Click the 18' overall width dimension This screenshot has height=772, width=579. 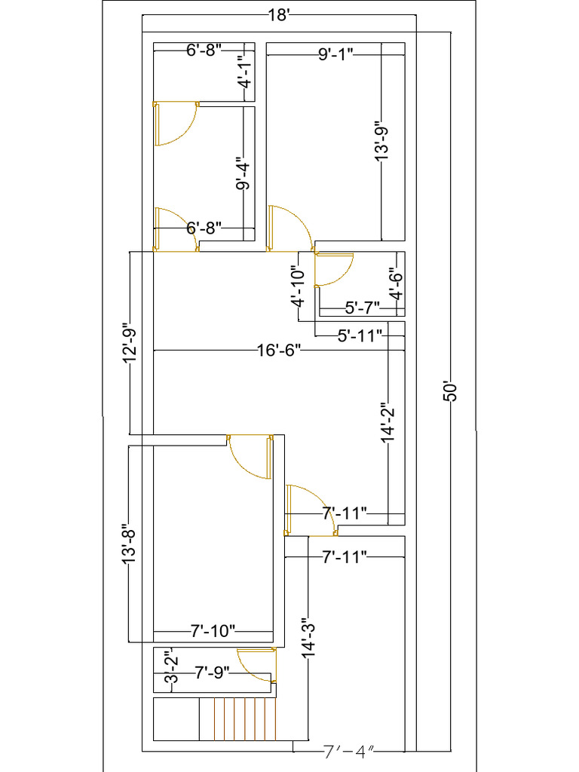point(278,15)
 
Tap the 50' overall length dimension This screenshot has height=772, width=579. point(450,392)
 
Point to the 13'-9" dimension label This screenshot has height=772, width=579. point(382,142)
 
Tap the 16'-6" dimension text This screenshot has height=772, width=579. point(278,351)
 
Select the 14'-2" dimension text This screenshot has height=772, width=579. point(388,422)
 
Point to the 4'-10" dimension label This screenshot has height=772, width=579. point(299,285)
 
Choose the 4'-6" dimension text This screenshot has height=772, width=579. point(395,285)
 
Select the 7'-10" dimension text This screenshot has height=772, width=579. point(213,630)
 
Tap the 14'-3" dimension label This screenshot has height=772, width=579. point(308,639)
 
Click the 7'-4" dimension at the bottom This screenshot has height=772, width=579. point(348,752)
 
